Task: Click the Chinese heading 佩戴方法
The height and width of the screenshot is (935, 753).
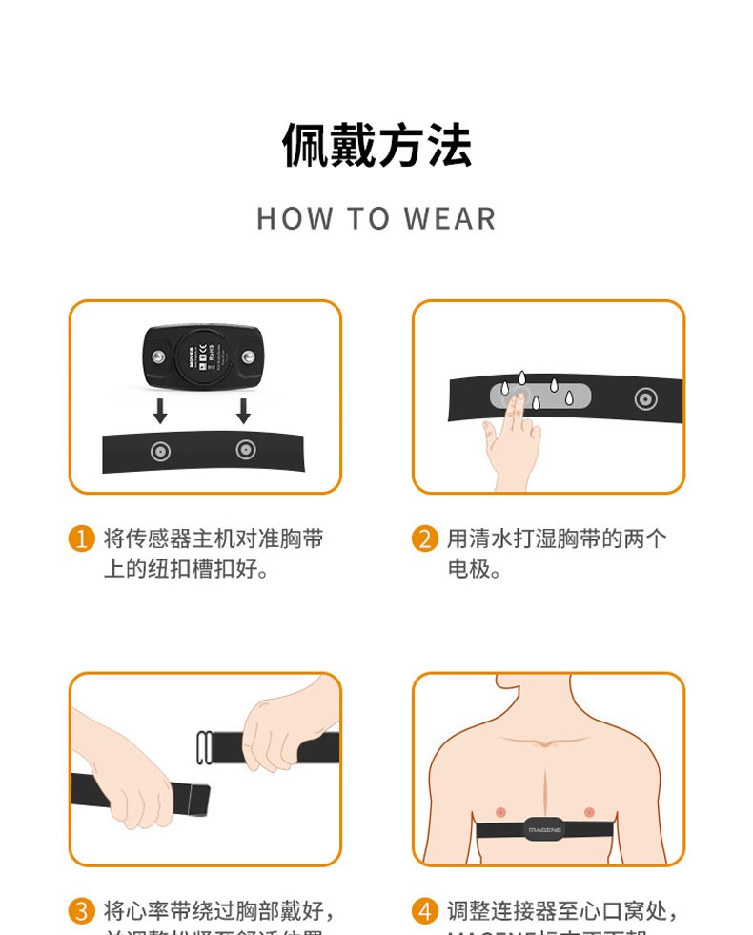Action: point(376,146)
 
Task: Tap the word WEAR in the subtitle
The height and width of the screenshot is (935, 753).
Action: point(450,218)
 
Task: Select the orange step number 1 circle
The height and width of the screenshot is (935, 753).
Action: point(82,539)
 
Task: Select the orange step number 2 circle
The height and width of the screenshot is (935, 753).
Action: point(425,539)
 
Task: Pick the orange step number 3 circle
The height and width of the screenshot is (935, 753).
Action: point(82,911)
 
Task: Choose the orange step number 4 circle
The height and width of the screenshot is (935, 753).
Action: point(425,911)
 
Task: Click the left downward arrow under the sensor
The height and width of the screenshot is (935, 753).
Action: point(160,411)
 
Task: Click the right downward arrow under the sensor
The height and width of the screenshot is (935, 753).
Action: point(243,411)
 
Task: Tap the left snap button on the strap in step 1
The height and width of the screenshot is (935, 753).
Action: point(160,452)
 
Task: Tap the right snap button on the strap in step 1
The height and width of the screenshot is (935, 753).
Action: point(245,449)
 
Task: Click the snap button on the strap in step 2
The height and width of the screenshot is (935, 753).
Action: point(645,398)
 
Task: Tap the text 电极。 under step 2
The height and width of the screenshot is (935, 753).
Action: point(474,570)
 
